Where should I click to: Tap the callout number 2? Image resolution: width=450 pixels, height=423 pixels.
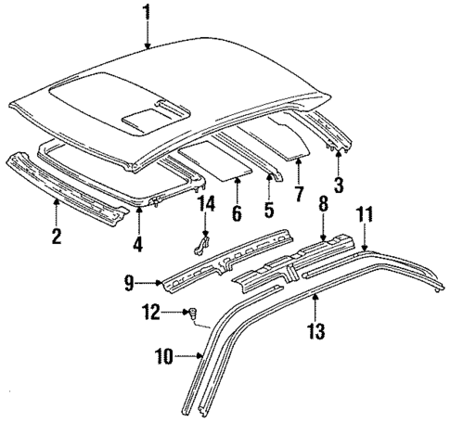pyautogui.click(x=57, y=237)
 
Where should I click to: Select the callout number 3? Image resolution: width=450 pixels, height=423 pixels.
pyautogui.click(x=339, y=185)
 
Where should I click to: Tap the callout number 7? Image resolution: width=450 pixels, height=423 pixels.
pyautogui.click(x=299, y=194)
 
